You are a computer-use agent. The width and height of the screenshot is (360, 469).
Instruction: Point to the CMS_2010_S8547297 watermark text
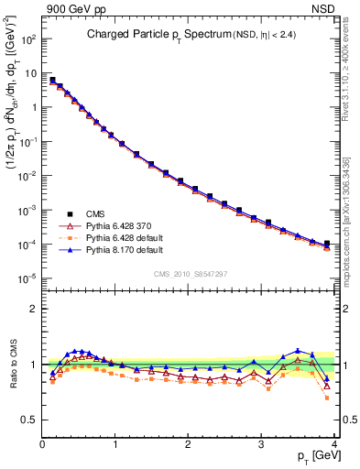pos(190,274)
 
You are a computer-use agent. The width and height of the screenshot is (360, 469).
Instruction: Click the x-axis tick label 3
pos(261,445)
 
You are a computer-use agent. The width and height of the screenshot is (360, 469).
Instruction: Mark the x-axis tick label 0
pos(42,445)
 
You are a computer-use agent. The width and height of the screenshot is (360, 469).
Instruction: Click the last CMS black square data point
pos(327,244)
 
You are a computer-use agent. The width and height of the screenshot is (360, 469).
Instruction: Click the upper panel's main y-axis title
pos(13,137)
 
